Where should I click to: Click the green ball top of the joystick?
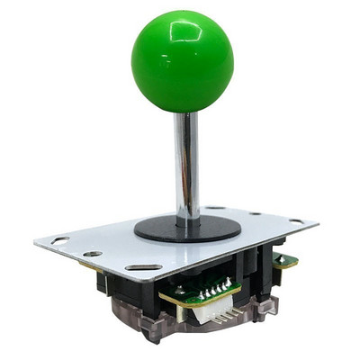tap(182, 62)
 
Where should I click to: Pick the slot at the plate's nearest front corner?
tap(143, 267)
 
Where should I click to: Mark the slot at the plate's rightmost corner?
tap(296, 221)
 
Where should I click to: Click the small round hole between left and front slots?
tap(93, 254)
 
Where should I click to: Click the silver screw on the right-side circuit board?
tap(278, 256)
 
